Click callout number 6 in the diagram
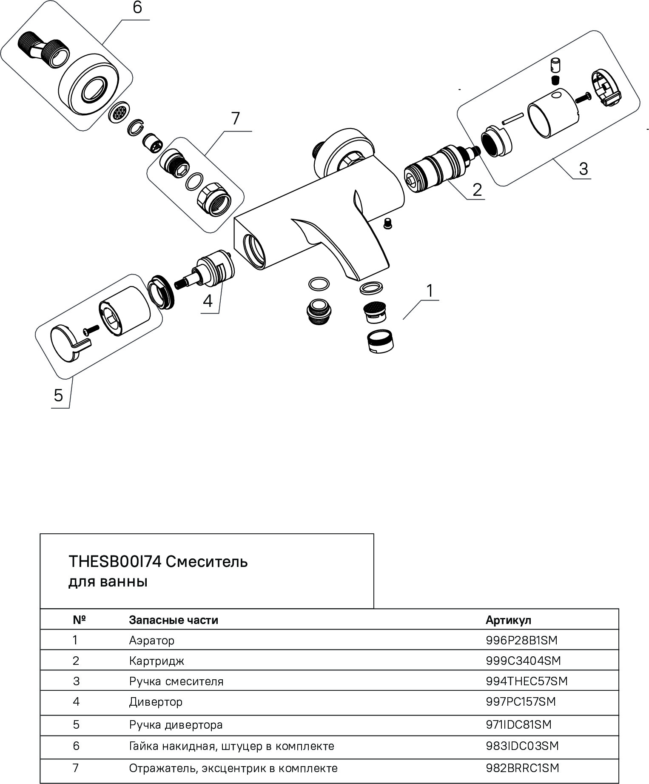[137, 8]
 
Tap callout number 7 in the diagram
[236, 118]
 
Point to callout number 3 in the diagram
[583, 169]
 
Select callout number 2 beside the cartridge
[477, 189]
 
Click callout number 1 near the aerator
[430, 291]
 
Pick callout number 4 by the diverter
[208, 301]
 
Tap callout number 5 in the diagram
[58, 395]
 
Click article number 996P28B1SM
[521, 640]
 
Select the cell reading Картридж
[157, 661]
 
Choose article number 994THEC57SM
[526, 681]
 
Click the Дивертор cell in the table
[156, 701]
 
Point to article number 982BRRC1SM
[522, 768]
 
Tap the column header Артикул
[508, 620]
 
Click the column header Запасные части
[174, 620]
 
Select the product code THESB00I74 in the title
[114, 562]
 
